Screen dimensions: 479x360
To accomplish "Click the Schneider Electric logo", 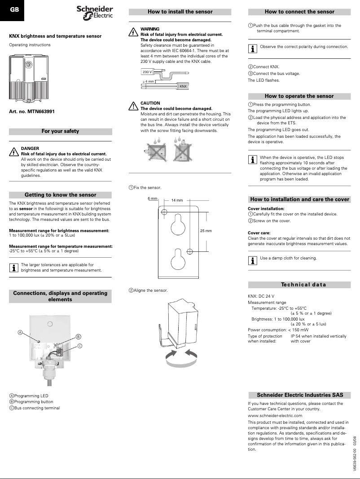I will point(95,12).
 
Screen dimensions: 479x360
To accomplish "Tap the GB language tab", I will point(14,9).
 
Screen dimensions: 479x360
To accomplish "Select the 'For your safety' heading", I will point(60,132).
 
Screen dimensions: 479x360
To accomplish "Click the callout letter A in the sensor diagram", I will point(20,333).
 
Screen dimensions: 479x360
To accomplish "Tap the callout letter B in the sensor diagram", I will point(78,337).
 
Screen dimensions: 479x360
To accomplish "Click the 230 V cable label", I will point(147,72).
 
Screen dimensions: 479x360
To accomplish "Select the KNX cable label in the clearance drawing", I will point(183,86).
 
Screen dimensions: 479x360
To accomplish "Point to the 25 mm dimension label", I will point(206,231).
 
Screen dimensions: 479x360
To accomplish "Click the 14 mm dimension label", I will point(177,200).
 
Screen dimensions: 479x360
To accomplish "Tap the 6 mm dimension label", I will point(152,198).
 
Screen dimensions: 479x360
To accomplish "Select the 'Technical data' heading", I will point(303,285).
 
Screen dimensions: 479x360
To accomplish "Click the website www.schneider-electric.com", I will point(275,416).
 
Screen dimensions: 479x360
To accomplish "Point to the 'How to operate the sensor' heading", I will point(299,96).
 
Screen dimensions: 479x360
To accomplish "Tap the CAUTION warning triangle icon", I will point(133,106).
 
